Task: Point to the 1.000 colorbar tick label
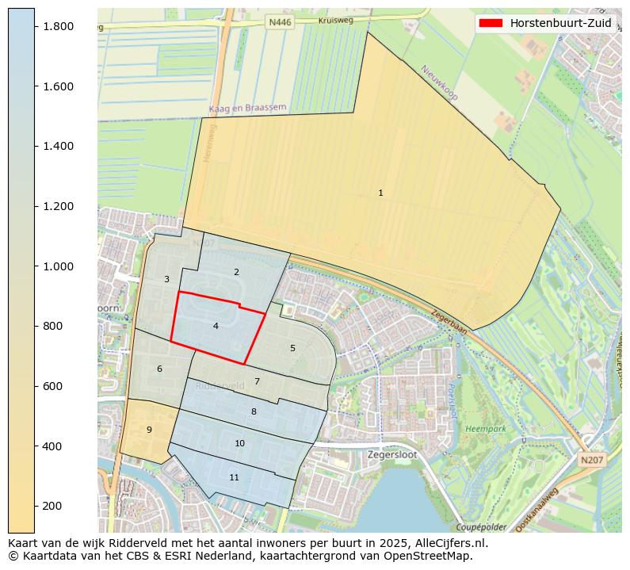pos(57,266)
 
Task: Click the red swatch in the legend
pos(491,23)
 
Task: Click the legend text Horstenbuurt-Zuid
pos(560,23)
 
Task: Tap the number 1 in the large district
pos(380,193)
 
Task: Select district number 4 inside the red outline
pos(216,326)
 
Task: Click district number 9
pos(149,430)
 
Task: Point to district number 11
pos(234,477)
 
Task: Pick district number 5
pos(292,348)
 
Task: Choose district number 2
pos(236,272)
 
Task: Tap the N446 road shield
pos(280,23)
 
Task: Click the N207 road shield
pos(590,460)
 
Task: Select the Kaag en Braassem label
pos(247,108)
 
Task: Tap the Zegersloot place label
pos(391,455)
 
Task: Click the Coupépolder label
pos(480,527)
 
